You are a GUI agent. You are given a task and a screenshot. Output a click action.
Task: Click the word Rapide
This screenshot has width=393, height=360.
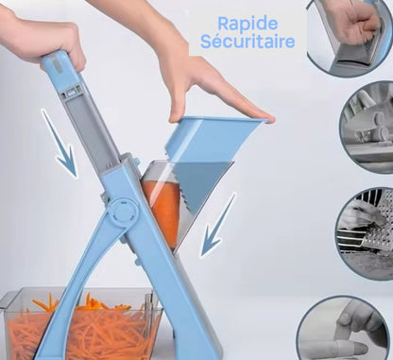tap(248, 25)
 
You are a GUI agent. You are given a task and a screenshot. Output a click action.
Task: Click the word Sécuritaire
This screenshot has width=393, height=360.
tap(248, 42)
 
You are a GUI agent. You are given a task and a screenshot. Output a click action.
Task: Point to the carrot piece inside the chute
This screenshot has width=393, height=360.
tap(163, 211)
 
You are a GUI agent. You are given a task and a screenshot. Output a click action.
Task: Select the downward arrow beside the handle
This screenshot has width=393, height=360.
tap(60, 143)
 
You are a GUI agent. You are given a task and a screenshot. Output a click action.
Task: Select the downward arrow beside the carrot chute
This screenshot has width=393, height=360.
tap(218, 226)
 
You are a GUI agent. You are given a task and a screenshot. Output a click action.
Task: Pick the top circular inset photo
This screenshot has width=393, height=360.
tap(350, 36)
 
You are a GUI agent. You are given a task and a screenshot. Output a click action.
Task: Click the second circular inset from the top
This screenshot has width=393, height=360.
tap(367, 128)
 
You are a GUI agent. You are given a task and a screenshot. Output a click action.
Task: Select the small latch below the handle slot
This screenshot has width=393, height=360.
tap(71, 93)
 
